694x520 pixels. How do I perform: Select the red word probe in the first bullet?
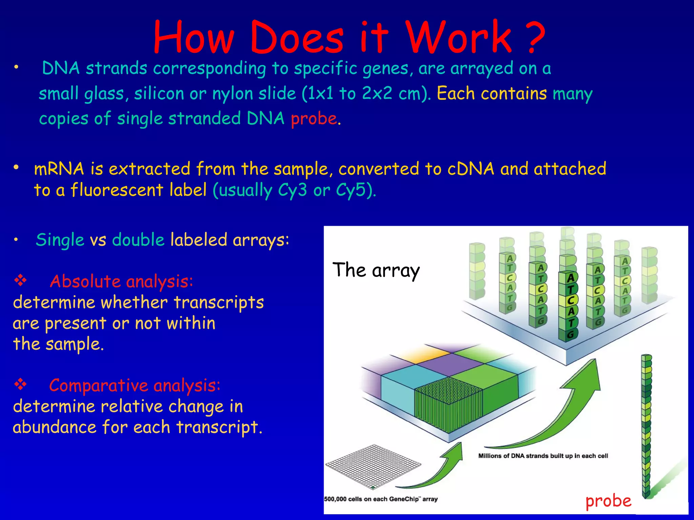click(x=313, y=119)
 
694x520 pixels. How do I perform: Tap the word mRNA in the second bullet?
click(x=59, y=169)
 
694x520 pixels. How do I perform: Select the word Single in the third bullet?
click(x=60, y=240)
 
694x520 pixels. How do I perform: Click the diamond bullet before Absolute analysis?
click(x=20, y=280)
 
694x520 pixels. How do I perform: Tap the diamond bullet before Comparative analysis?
click(x=20, y=384)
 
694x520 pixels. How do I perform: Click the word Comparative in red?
click(x=98, y=385)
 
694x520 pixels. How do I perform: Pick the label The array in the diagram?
click(x=376, y=270)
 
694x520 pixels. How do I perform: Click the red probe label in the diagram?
click(x=608, y=501)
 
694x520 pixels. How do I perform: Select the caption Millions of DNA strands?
click(x=543, y=456)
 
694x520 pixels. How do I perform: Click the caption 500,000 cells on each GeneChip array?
click(x=381, y=499)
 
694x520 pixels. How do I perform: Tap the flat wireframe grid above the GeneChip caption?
click(x=373, y=467)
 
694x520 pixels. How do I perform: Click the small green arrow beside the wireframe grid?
click(x=437, y=471)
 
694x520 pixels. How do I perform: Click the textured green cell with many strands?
click(x=448, y=405)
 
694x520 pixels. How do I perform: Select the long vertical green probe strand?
click(x=647, y=427)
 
